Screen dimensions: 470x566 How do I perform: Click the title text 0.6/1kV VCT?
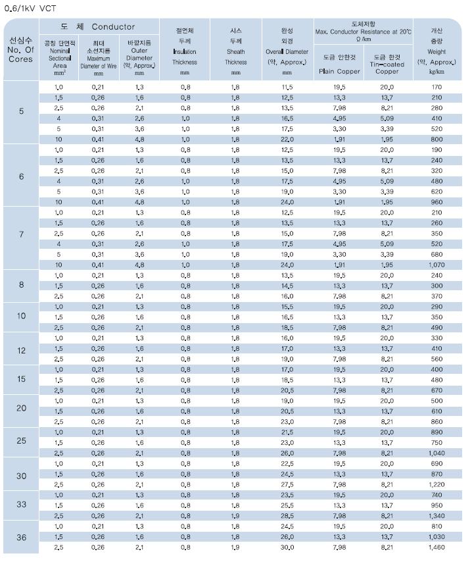coord(30,9)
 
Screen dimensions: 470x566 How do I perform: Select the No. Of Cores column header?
coord(20,49)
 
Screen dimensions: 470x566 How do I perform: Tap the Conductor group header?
coord(98,27)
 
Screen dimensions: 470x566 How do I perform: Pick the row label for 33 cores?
coord(21,504)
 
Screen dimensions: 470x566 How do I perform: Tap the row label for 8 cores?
coord(21,285)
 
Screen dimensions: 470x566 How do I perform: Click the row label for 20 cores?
coord(21,408)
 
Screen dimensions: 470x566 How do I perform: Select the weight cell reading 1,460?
coord(436,547)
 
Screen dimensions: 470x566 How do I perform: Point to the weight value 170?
coord(436,87)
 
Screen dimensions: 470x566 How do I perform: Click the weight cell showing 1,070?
coord(436,265)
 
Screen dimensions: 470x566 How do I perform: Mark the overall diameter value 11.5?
coord(287,87)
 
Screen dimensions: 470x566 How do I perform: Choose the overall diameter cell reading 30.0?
coord(287,547)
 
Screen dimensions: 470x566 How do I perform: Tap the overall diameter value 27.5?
coord(287,484)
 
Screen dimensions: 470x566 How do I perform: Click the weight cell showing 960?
coord(436,202)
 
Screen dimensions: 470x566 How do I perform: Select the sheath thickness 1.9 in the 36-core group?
coord(235,547)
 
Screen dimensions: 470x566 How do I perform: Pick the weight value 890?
coord(436,432)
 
